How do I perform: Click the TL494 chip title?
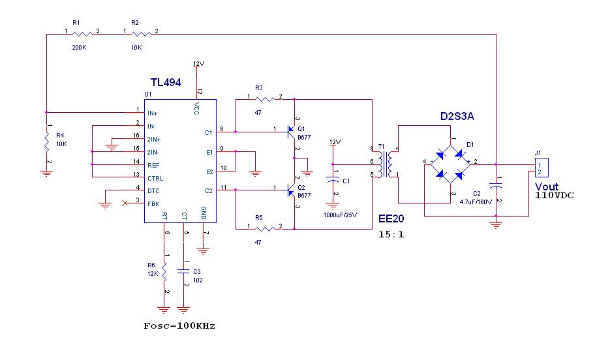pos(166,82)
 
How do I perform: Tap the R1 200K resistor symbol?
pos(82,35)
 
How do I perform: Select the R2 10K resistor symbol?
pos(141,35)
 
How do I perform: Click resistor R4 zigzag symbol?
pos(47,141)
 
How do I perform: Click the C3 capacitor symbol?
pos(184,271)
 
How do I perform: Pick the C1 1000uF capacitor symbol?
pos(333,180)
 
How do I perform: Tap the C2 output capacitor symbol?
pos(496,187)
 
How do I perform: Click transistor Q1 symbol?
pos(292,132)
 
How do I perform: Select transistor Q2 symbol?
pos(292,190)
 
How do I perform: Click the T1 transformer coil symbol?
pos(385,164)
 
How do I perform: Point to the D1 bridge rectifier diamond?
pos(450,164)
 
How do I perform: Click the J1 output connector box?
pos(542,168)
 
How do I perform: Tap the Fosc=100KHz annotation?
pos(179,326)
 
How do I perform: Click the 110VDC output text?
pos(555,196)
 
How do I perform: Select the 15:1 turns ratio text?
pos(391,234)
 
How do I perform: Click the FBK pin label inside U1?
pos(153,204)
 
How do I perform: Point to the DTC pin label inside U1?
pos(153,191)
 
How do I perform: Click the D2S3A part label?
pos(457,117)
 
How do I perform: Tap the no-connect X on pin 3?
pos(125,203)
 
